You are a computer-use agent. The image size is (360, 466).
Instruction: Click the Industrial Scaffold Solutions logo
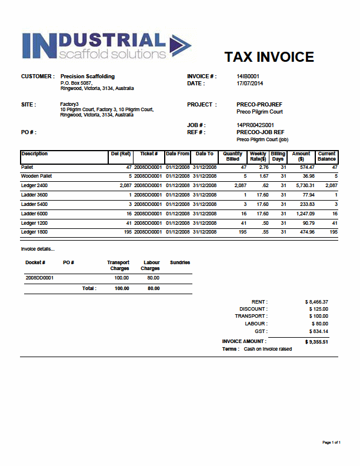(x=106, y=46)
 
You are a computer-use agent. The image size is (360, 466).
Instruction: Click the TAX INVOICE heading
(x=269, y=57)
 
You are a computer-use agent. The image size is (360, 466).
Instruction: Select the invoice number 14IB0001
(x=248, y=76)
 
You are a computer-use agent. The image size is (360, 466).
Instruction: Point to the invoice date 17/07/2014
(x=249, y=84)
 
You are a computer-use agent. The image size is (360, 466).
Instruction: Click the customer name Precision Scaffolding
(x=88, y=76)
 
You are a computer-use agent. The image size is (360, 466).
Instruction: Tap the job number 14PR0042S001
(x=255, y=125)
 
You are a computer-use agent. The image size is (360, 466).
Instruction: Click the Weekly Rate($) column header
(x=258, y=157)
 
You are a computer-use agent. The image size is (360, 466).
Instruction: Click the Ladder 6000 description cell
(x=35, y=214)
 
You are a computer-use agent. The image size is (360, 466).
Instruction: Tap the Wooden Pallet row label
(x=36, y=176)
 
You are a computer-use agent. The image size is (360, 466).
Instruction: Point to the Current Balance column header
(x=326, y=157)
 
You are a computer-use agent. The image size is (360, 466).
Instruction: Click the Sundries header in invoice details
(x=179, y=262)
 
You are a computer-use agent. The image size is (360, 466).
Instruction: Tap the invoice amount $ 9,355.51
(x=316, y=342)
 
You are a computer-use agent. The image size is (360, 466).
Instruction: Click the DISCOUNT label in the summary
(x=253, y=309)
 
